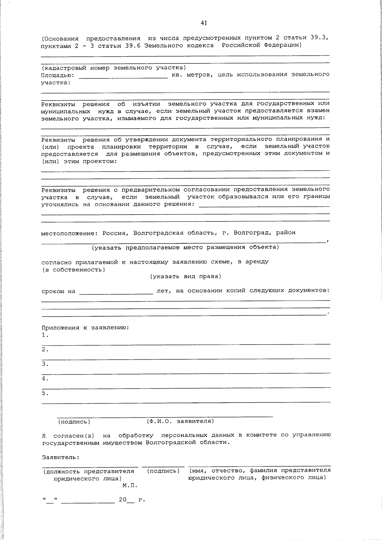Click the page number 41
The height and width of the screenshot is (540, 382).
pos(204,23)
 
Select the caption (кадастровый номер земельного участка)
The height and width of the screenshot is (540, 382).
pos(114,68)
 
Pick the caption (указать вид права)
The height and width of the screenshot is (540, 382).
pos(186,276)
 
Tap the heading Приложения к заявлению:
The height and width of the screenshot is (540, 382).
pos(85,327)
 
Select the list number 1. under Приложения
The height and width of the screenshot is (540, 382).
pos(45,335)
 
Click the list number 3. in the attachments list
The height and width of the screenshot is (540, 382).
pos(45,364)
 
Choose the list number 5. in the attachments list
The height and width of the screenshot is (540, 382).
pos(45,393)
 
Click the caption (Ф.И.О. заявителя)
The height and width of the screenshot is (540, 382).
pos(180,421)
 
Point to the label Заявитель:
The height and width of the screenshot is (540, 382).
pos(60,457)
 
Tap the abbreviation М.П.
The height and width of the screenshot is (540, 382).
pos(129,486)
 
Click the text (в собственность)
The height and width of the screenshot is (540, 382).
pos(73,270)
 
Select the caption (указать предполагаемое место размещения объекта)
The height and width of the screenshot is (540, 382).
pos(185,247)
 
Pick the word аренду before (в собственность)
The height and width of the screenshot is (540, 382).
pos(257,262)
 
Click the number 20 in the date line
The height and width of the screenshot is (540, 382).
pos(123,500)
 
